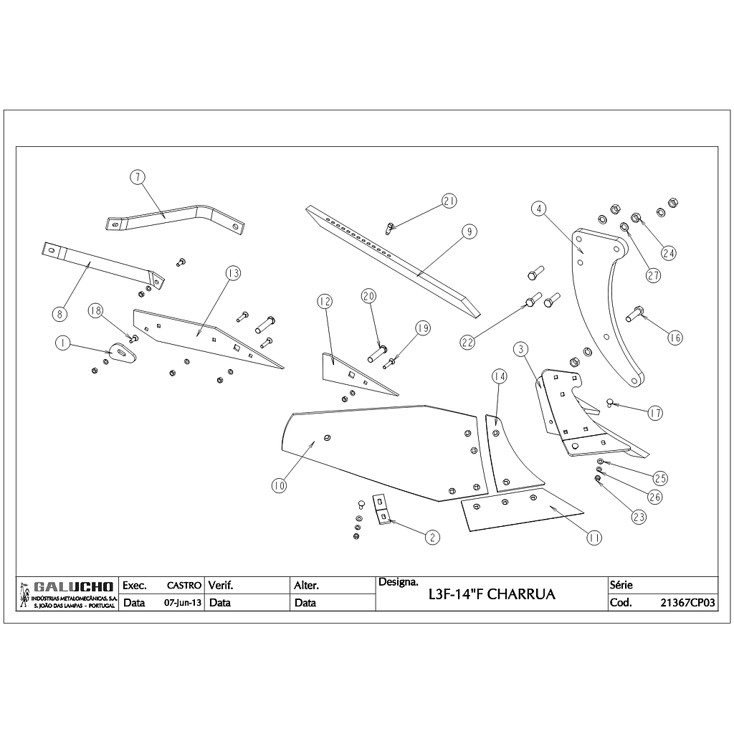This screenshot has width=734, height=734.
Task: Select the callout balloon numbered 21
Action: tap(449, 201)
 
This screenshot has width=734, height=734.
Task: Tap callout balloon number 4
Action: tap(539, 209)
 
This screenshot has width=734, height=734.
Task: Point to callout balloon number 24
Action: tap(669, 253)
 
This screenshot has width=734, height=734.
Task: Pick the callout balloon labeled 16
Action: tap(675, 338)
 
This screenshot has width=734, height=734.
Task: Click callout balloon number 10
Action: tap(279, 486)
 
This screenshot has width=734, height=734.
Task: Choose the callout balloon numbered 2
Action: tap(432, 536)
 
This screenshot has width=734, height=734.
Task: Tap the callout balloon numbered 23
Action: tap(639, 516)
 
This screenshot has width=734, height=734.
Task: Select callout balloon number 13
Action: tap(233, 273)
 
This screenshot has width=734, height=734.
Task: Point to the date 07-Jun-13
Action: tap(183, 603)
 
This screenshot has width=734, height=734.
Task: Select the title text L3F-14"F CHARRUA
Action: tap(491, 595)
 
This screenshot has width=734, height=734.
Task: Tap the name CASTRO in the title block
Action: tap(183, 586)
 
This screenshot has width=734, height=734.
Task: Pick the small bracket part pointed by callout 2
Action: tap(382, 510)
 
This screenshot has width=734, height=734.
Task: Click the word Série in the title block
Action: tap(621, 585)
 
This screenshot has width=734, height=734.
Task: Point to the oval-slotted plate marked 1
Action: tap(121, 352)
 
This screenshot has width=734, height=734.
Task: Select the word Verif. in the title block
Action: tap(220, 585)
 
